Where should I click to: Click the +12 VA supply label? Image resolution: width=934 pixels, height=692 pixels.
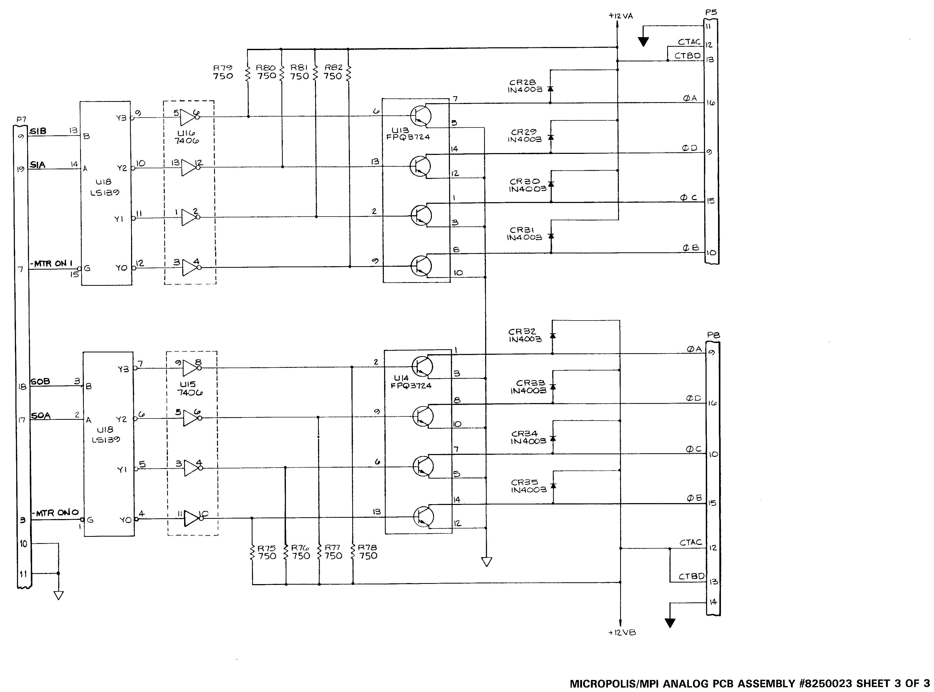point(621,16)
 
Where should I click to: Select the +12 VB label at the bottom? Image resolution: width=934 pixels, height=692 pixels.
point(622,632)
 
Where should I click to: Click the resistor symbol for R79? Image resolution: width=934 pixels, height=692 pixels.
point(248,74)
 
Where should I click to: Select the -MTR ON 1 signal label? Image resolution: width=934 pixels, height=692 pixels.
point(51,264)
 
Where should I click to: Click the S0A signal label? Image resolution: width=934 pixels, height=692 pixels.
point(41,416)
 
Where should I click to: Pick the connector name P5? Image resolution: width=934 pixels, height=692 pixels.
point(711,13)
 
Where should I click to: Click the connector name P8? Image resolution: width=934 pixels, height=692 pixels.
point(713,335)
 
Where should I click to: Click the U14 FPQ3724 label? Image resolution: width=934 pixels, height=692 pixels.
point(411,382)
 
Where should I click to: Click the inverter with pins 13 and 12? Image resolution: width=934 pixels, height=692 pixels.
point(191,167)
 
